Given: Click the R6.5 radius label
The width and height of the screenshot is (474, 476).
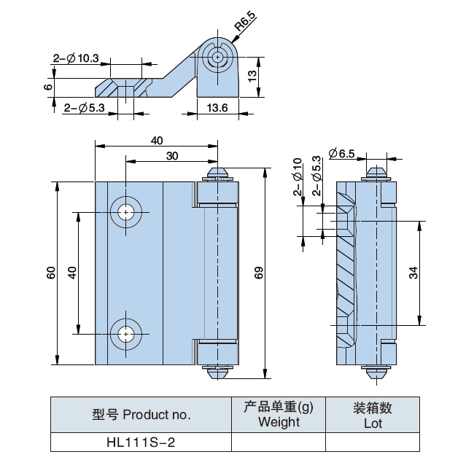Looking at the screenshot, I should (x=244, y=30).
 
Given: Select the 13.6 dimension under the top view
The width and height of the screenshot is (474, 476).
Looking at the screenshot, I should (x=217, y=107).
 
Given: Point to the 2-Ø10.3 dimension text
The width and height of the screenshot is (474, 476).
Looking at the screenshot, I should (x=76, y=58).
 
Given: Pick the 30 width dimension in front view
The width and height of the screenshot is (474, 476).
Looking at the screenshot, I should (x=172, y=155).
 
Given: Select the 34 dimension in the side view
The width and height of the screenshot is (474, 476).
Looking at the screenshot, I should (x=413, y=273).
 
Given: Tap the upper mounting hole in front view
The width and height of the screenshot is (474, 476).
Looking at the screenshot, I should (x=128, y=212).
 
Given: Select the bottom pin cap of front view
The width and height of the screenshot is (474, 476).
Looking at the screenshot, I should (x=217, y=371).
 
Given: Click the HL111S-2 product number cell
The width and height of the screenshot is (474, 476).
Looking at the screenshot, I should (x=141, y=442).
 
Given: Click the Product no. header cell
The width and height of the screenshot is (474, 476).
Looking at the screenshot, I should (x=141, y=415).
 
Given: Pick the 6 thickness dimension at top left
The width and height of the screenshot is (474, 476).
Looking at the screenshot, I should (x=47, y=87).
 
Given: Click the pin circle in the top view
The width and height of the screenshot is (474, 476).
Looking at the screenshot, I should (x=217, y=56).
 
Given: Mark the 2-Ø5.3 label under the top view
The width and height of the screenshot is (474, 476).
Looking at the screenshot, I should (x=85, y=107).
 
